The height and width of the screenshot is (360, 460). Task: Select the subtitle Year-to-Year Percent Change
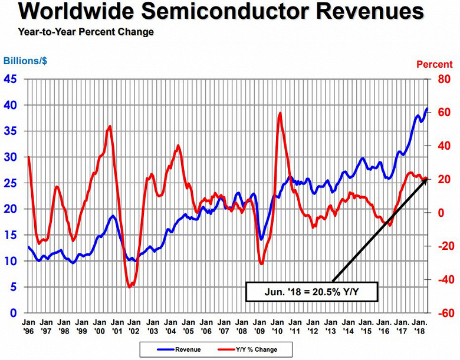point(86,32)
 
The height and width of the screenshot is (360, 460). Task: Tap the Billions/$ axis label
point(25,61)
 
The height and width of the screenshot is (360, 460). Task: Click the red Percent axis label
point(435,65)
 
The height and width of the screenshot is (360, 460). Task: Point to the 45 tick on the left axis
point(11,79)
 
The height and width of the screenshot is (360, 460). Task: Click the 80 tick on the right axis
point(443,79)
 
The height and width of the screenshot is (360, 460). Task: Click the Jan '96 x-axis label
point(28,328)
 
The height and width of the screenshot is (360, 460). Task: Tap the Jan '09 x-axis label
point(260,328)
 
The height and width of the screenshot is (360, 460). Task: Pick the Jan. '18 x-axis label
point(420,328)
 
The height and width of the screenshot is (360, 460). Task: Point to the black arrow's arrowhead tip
point(426,177)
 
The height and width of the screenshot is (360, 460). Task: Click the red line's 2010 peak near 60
point(280,113)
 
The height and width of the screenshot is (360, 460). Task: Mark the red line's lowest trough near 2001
point(129,287)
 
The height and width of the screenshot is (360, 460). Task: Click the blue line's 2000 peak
point(112,216)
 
